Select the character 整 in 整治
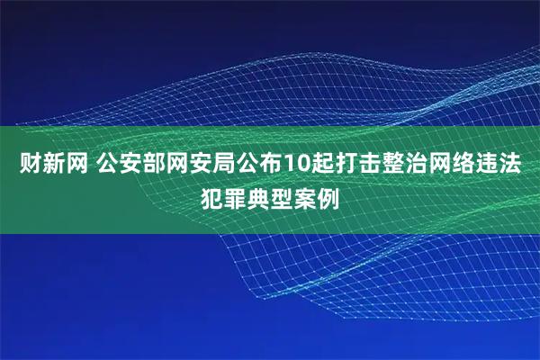387,165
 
